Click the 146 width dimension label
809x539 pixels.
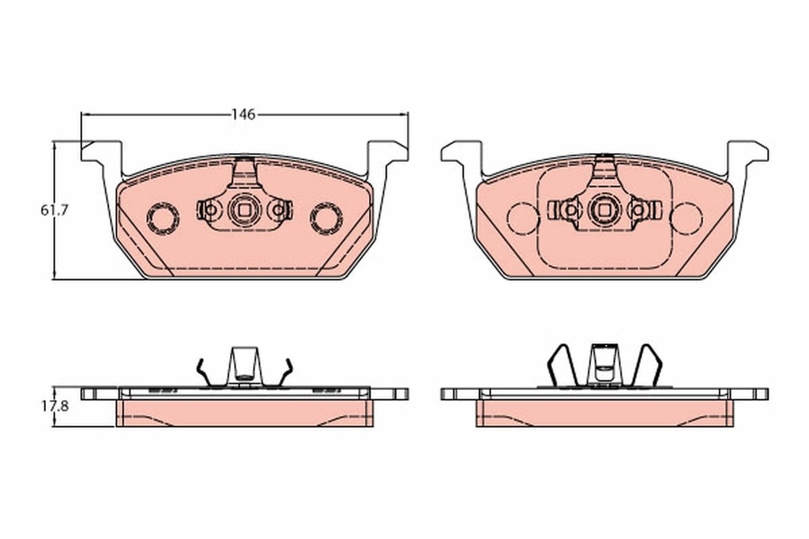click(x=243, y=114)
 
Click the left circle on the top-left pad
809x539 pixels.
click(x=164, y=216)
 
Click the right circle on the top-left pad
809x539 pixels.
click(x=325, y=216)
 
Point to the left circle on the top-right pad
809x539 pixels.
click(x=522, y=217)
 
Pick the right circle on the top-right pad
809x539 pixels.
click(x=687, y=217)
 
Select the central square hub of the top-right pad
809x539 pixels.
click(x=604, y=209)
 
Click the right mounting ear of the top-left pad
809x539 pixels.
click(x=386, y=154)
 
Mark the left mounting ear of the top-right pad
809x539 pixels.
click(x=462, y=154)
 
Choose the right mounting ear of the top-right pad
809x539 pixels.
click(x=747, y=154)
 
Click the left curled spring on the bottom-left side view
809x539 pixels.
click(x=203, y=372)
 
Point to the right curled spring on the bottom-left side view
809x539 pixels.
click(x=285, y=372)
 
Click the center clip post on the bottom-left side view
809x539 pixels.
click(x=244, y=365)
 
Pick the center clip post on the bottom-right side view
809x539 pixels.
click(x=604, y=365)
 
